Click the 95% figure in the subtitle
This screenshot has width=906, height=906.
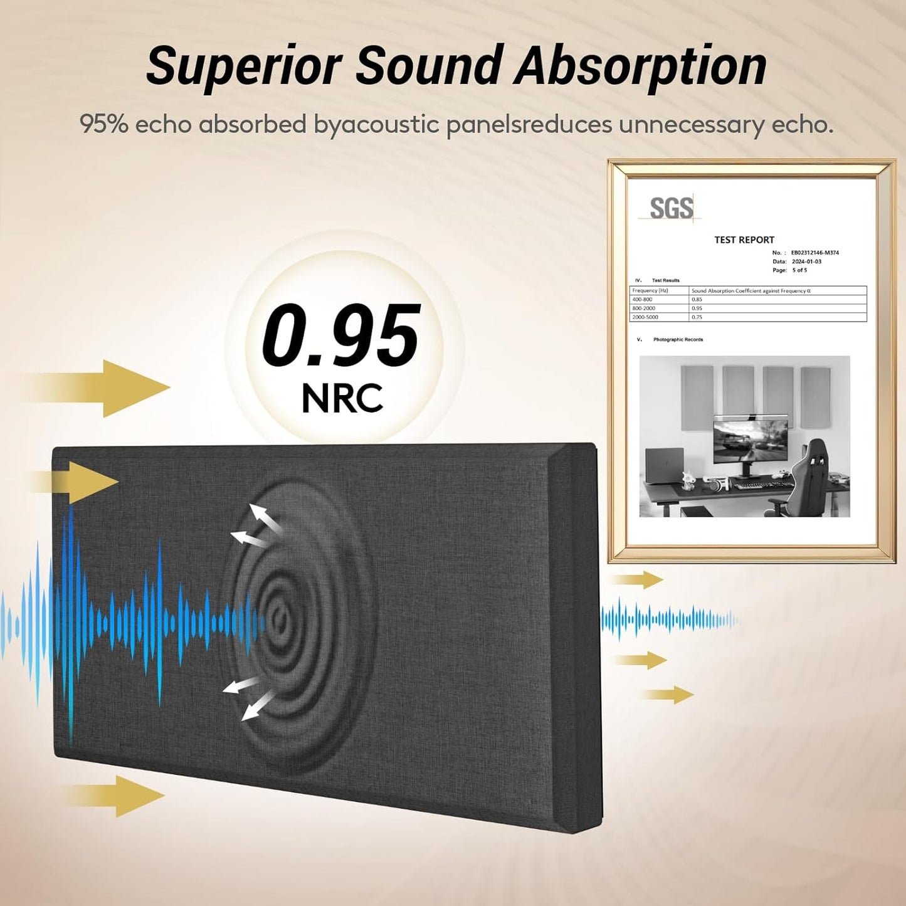[103, 124]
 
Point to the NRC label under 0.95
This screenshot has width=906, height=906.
[342, 398]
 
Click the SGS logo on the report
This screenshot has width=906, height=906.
[671, 209]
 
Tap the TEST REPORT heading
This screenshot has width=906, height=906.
[744, 240]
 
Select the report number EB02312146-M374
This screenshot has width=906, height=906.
[814, 253]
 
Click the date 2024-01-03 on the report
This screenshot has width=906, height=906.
[806, 261]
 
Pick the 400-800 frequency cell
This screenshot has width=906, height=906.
[642, 300]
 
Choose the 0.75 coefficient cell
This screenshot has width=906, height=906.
[697, 317]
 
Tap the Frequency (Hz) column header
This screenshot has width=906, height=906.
[650, 291]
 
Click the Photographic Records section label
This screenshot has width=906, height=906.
[678, 339]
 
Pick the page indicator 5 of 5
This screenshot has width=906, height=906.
[799, 270]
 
